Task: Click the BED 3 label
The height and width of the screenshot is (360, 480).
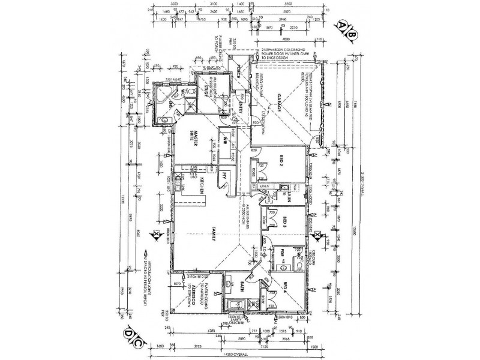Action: tap(286, 221)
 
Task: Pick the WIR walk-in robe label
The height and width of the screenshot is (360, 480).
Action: tap(211, 144)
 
